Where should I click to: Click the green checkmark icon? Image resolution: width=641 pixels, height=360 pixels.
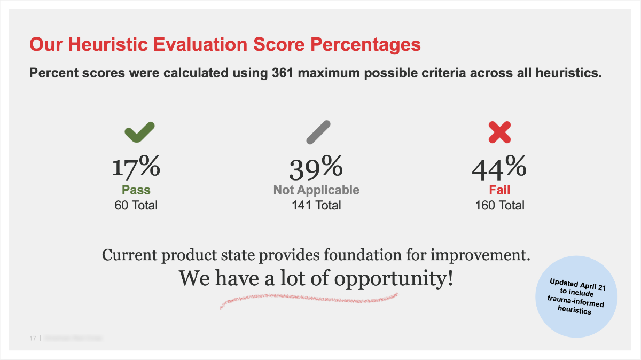pyautogui.click(x=139, y=132)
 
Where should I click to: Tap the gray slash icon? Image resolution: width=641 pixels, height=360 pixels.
pyautogui.click(x=318, y=132)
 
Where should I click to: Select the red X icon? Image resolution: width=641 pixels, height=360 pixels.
pyautogui.click(x=500, y=132)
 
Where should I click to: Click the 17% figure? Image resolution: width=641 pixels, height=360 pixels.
pyautogui.click(x=136, y=167)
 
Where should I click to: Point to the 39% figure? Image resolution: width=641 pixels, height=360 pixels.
pyautogui.click(x=316, y=168)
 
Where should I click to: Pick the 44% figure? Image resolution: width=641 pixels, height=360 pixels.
pyautogui.click(x=499, y=168)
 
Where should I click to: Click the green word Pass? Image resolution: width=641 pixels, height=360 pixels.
pyautogui.click(x=136, y=190)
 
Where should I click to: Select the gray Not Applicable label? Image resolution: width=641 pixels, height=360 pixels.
pyautogui.click(x=316, y=190)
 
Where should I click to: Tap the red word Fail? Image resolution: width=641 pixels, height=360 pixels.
pyautogui.click(x=499, y=190)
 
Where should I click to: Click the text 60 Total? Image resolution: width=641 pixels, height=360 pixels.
pyautogui.click(x=136, y=205)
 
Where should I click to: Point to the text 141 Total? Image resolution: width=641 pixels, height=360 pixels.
pyautogui.click(x=316, y=205)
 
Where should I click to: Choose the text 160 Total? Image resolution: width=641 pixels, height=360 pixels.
pyautogui.click(x=499, y=205)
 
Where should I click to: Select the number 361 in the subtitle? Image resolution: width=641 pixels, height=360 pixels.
pyautogui.click(x=279, y=73)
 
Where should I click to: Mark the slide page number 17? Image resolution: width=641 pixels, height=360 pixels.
pyautogui.click(x=33, y=339)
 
